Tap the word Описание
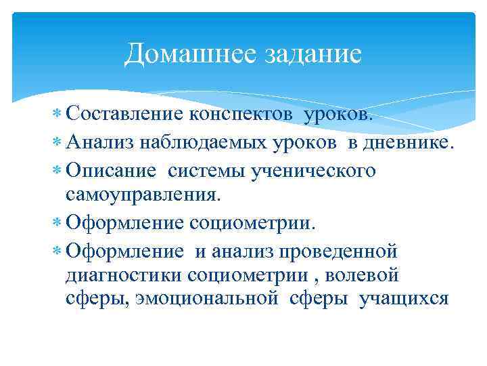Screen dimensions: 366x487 pos(111,170)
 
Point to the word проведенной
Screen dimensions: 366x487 pos(338,251)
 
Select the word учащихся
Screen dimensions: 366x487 pos(404,299)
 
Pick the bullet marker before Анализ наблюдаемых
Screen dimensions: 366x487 pos(57,143)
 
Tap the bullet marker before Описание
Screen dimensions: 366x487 pos(57,171)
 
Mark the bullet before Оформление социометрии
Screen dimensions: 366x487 pos(57,223)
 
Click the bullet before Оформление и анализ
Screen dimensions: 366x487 pos(57,251)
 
